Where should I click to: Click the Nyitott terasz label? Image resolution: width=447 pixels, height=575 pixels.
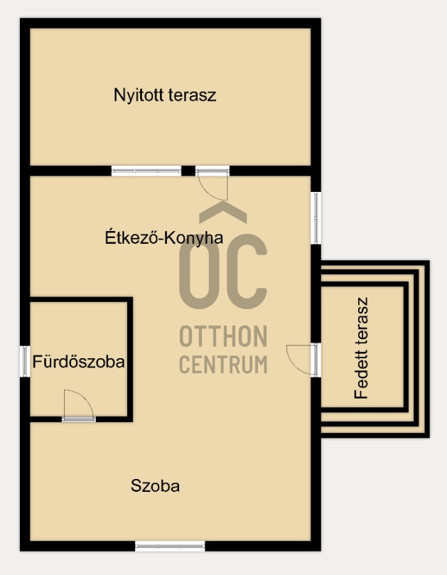[165, 95]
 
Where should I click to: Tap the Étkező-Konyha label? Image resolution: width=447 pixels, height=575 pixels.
[164, 237]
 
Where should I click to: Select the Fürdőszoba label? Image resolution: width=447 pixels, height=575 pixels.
[78, 362]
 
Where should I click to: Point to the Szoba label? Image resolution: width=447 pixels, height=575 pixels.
[155, 486]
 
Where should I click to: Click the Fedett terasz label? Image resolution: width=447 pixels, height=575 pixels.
[361, 348]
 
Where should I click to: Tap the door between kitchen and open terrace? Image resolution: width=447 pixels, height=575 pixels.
[212, 183]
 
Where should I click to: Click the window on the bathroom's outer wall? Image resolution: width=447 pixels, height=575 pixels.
[25, 361]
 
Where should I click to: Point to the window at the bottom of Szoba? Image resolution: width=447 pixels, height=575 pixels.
[170, 546]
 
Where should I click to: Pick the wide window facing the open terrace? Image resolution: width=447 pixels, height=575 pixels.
[146, 171]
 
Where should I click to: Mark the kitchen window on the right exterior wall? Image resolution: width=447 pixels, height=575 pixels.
[316, 217]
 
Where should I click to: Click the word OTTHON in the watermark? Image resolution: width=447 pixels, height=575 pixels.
[223, 336]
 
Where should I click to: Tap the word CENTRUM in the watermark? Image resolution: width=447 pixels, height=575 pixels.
[223, 364]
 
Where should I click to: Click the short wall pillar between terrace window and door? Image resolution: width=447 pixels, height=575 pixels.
[188, 171]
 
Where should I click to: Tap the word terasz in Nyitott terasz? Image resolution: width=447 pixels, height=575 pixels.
[193, 95]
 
